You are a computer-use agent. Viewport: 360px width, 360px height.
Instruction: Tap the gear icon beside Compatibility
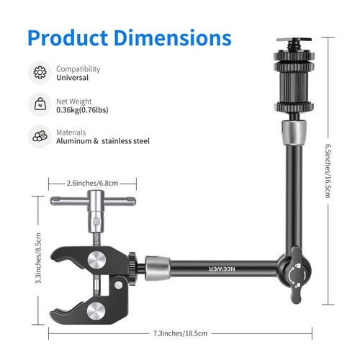pyautogui.click(x=39, y=73)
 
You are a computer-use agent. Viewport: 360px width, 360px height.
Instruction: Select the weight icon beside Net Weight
pyautogui.click(x=39, y=104)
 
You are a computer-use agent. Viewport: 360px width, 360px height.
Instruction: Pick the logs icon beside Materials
pyautogui.click(x=39, y=137)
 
